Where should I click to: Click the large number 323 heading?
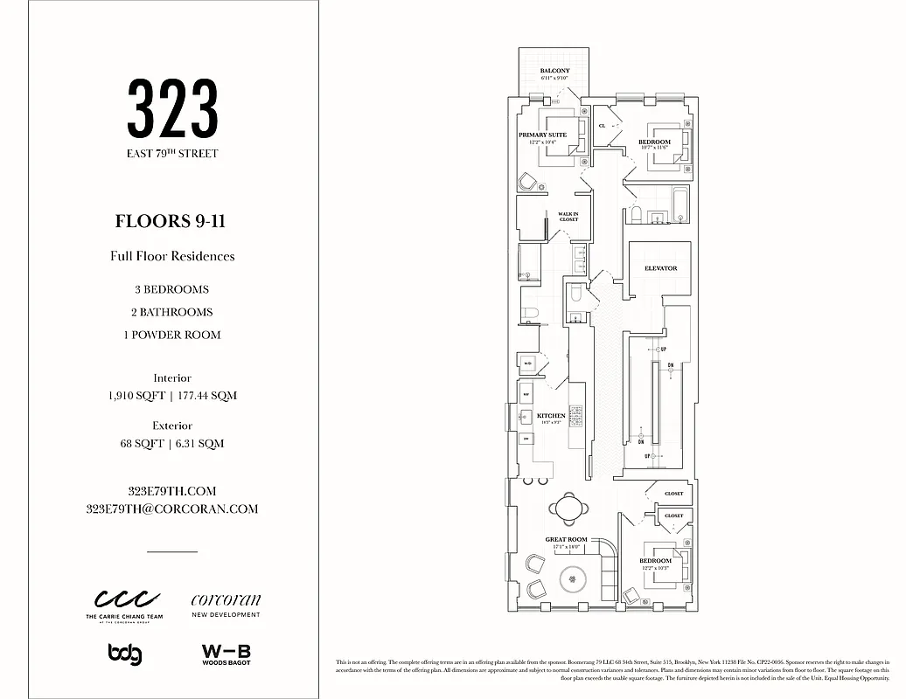(x=172, y=108)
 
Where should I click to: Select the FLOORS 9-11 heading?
(x=171, y=221)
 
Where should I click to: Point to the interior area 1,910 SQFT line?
(x=171, y=396)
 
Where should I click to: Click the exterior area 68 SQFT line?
(x=171, y=444)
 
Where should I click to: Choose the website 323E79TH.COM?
(x=171, y=491)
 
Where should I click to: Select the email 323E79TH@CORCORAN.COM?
(x=171, y=509)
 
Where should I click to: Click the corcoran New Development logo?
(x=226, y=605)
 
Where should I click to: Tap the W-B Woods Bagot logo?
(x=226, y=654)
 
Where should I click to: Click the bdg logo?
(x=125, y=654)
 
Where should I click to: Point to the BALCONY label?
(x=554, y=71)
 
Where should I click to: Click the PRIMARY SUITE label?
(x=542, y=135)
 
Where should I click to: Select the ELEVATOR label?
(x=661, y=268)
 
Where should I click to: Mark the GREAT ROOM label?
(x=566, y=540)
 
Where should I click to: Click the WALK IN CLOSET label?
(x=568, y=217)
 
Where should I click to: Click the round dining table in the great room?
(x=567, y=506)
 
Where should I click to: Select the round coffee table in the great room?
(x=573, y=578)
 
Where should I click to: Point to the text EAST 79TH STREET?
(x=172, y=154)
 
